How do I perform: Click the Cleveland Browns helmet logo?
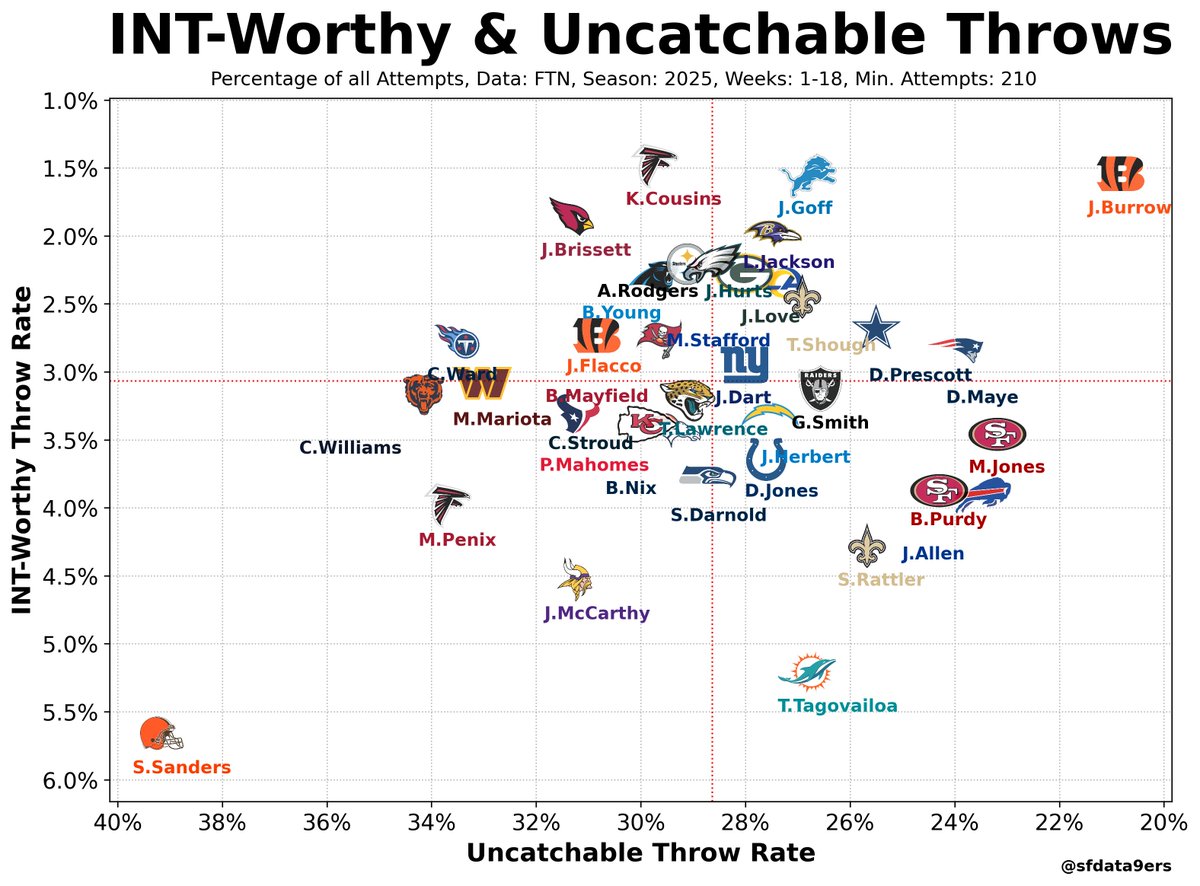[x=161, y=734]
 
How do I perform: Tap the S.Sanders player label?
[x=181, y=768]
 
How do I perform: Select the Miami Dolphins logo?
[x=807, y=673]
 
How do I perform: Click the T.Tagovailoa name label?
[x=837, y=706]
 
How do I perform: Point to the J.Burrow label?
[x=1129, y=209]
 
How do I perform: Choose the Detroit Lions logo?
[x=807, y=175]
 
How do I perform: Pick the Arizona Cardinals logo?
[x=571, y=214]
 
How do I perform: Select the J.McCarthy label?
[x=597, y=614]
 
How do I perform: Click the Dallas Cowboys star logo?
[x=877, y=329]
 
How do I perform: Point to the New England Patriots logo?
[x=956, y=349]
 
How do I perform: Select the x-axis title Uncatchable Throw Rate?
[x=640, y=853]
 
